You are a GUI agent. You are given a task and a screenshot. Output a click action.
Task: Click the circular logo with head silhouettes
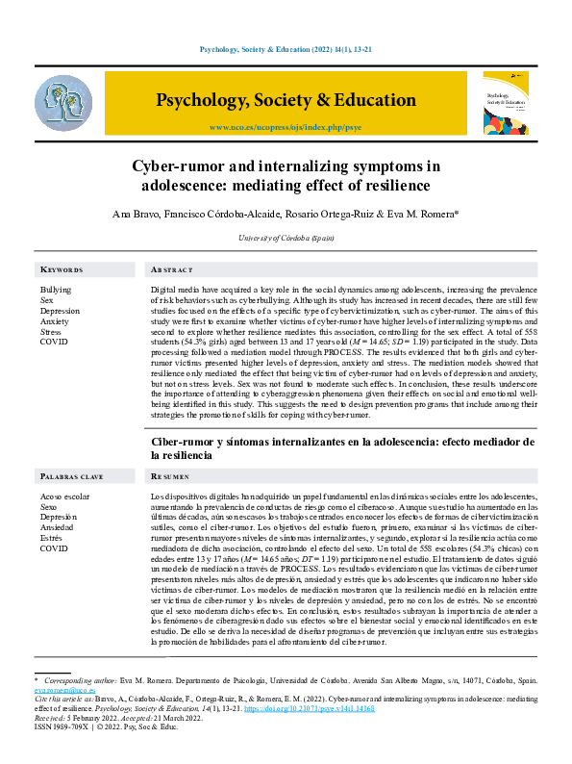pyautogui.click(x=63, y=103)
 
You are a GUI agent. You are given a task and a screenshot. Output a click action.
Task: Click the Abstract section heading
pyautogui.click(x=172, y=270)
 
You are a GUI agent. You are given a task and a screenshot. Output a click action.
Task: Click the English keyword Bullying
pyautogui.click(x=56, y=290)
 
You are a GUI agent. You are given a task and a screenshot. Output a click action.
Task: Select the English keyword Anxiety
pyautogui.click(x=55, y=321)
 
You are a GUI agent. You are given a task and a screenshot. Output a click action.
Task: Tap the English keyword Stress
pyautogui.click(x=51, y=332)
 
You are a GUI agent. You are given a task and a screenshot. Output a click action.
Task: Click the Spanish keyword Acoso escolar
pyautogui.click(x=64, y=496)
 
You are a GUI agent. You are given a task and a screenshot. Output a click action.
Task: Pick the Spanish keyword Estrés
pyautogui.click(x=52, y=538)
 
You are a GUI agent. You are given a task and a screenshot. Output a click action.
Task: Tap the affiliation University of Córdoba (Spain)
pyautogui.click(x=286, y=237)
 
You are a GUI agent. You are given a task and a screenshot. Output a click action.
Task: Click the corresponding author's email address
pyautogui.click(x=64, y=690)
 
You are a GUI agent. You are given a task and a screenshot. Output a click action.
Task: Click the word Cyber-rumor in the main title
pyautogui.click(x=226, y=165)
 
